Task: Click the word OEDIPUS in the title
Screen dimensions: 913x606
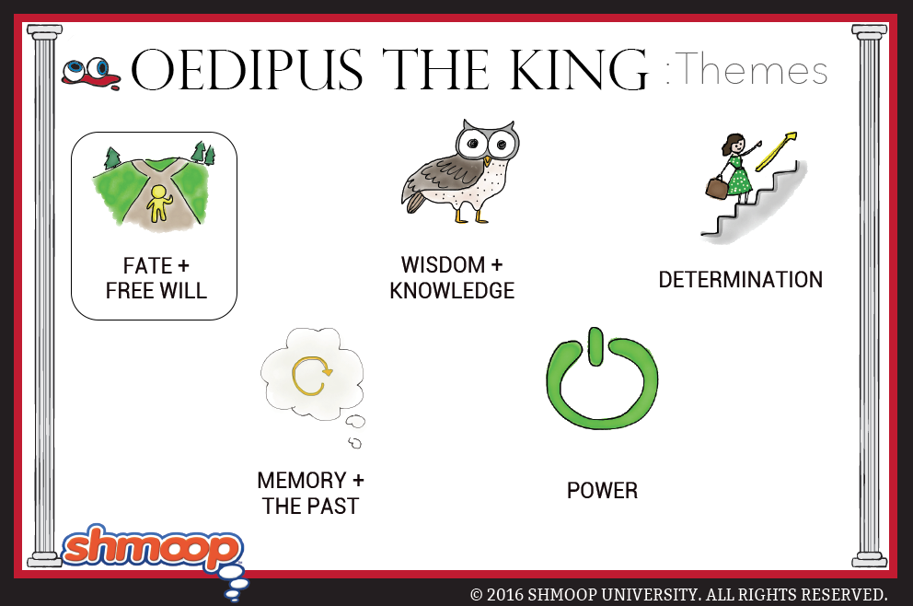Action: point(248,70)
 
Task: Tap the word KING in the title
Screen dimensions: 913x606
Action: point(579,70)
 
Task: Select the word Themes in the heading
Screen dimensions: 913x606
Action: point(754,69)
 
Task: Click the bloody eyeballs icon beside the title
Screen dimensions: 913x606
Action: point(90,74)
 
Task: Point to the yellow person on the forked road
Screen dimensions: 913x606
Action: point(158,204)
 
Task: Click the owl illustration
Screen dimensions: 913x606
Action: point(460,172)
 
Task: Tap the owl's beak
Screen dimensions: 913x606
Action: point(488,159)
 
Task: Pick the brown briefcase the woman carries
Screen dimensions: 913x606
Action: point(716,188)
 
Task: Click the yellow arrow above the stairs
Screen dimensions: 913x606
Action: point(776,151)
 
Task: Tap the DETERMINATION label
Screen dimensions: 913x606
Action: point(741,280)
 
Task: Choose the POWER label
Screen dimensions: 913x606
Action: point(602,491)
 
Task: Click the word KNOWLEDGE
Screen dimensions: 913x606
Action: point(452,291)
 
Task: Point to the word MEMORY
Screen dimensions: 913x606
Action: point(302,481)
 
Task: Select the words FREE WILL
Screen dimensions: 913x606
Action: point(156,291)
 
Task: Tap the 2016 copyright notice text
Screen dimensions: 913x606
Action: point(679,594)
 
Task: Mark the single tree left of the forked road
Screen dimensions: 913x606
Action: point(111,157)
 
